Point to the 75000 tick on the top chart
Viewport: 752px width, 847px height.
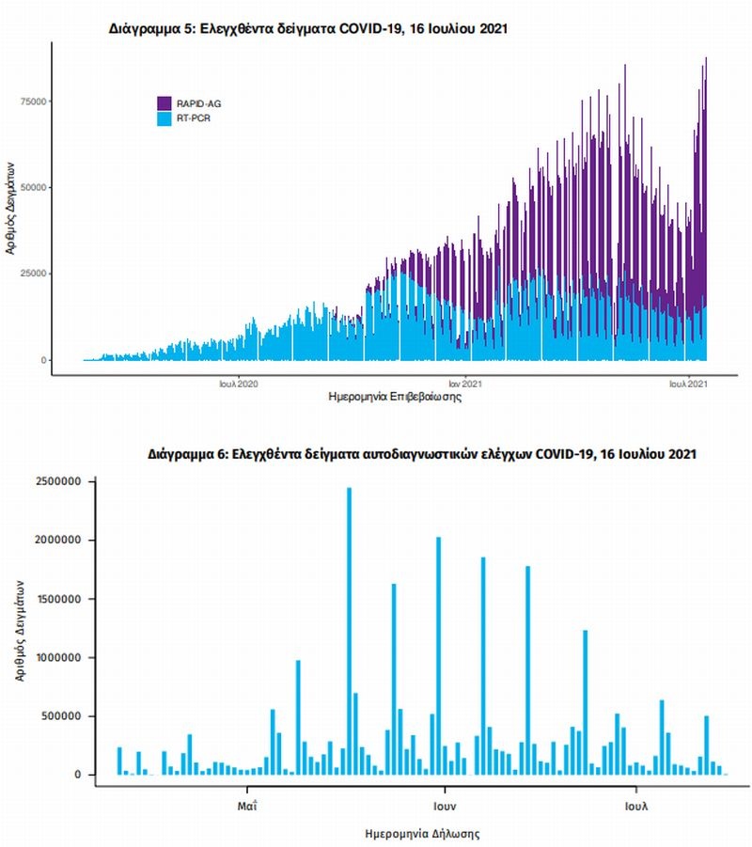tap(36, 102)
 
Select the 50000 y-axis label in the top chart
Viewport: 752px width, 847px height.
tap(36, 188)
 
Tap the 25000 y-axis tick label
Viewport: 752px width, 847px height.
tap(36, 274)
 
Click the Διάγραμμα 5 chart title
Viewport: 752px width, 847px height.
tap(310, 29)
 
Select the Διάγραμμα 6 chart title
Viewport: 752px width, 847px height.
tap(422, 454)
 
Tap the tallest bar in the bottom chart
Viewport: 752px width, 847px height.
tap(349, 630)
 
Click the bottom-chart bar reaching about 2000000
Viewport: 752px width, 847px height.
tap(438, 655)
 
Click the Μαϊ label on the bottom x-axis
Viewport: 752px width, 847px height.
tap(248, 806)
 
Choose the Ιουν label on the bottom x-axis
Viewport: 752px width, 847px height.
tap(445, 806)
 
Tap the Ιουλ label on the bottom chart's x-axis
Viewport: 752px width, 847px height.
tap(637, 806)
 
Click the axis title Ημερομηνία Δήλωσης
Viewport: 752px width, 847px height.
tap(422, 833)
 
